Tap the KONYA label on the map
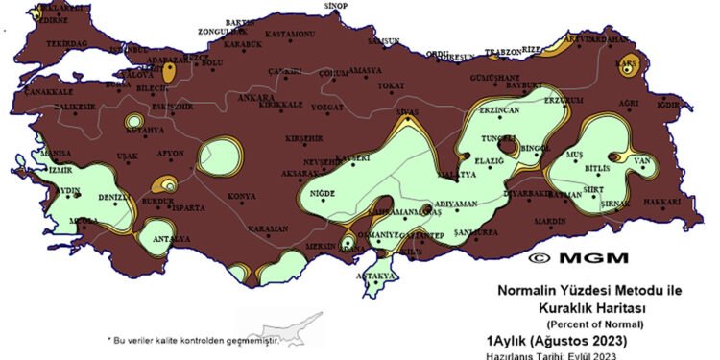241,198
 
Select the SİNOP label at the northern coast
334,7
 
